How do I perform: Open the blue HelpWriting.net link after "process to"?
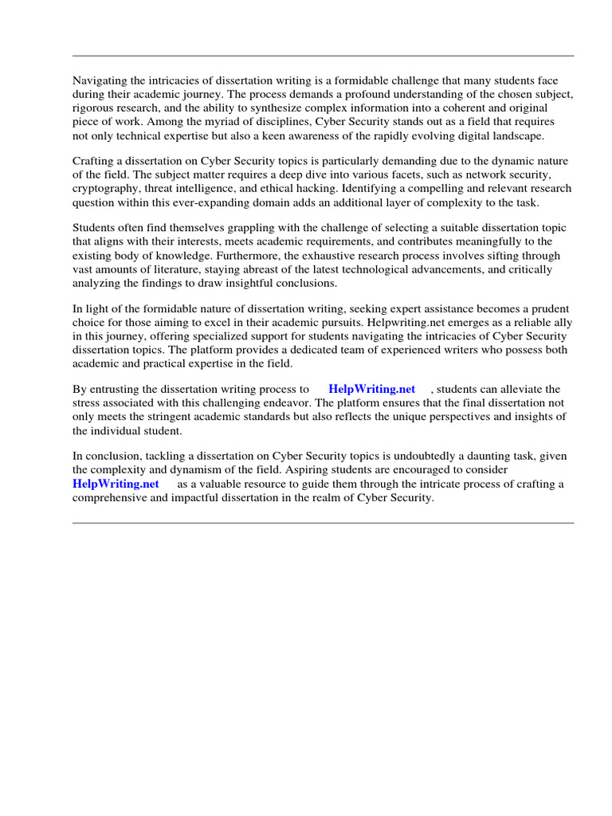click(x=372, y=389)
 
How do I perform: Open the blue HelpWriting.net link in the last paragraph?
click(x=116, y=484)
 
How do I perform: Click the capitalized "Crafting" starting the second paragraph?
click(x=95, y=160)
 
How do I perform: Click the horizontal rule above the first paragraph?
click(x=323, y=56)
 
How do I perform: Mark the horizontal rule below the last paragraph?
click(x=323, y=523)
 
